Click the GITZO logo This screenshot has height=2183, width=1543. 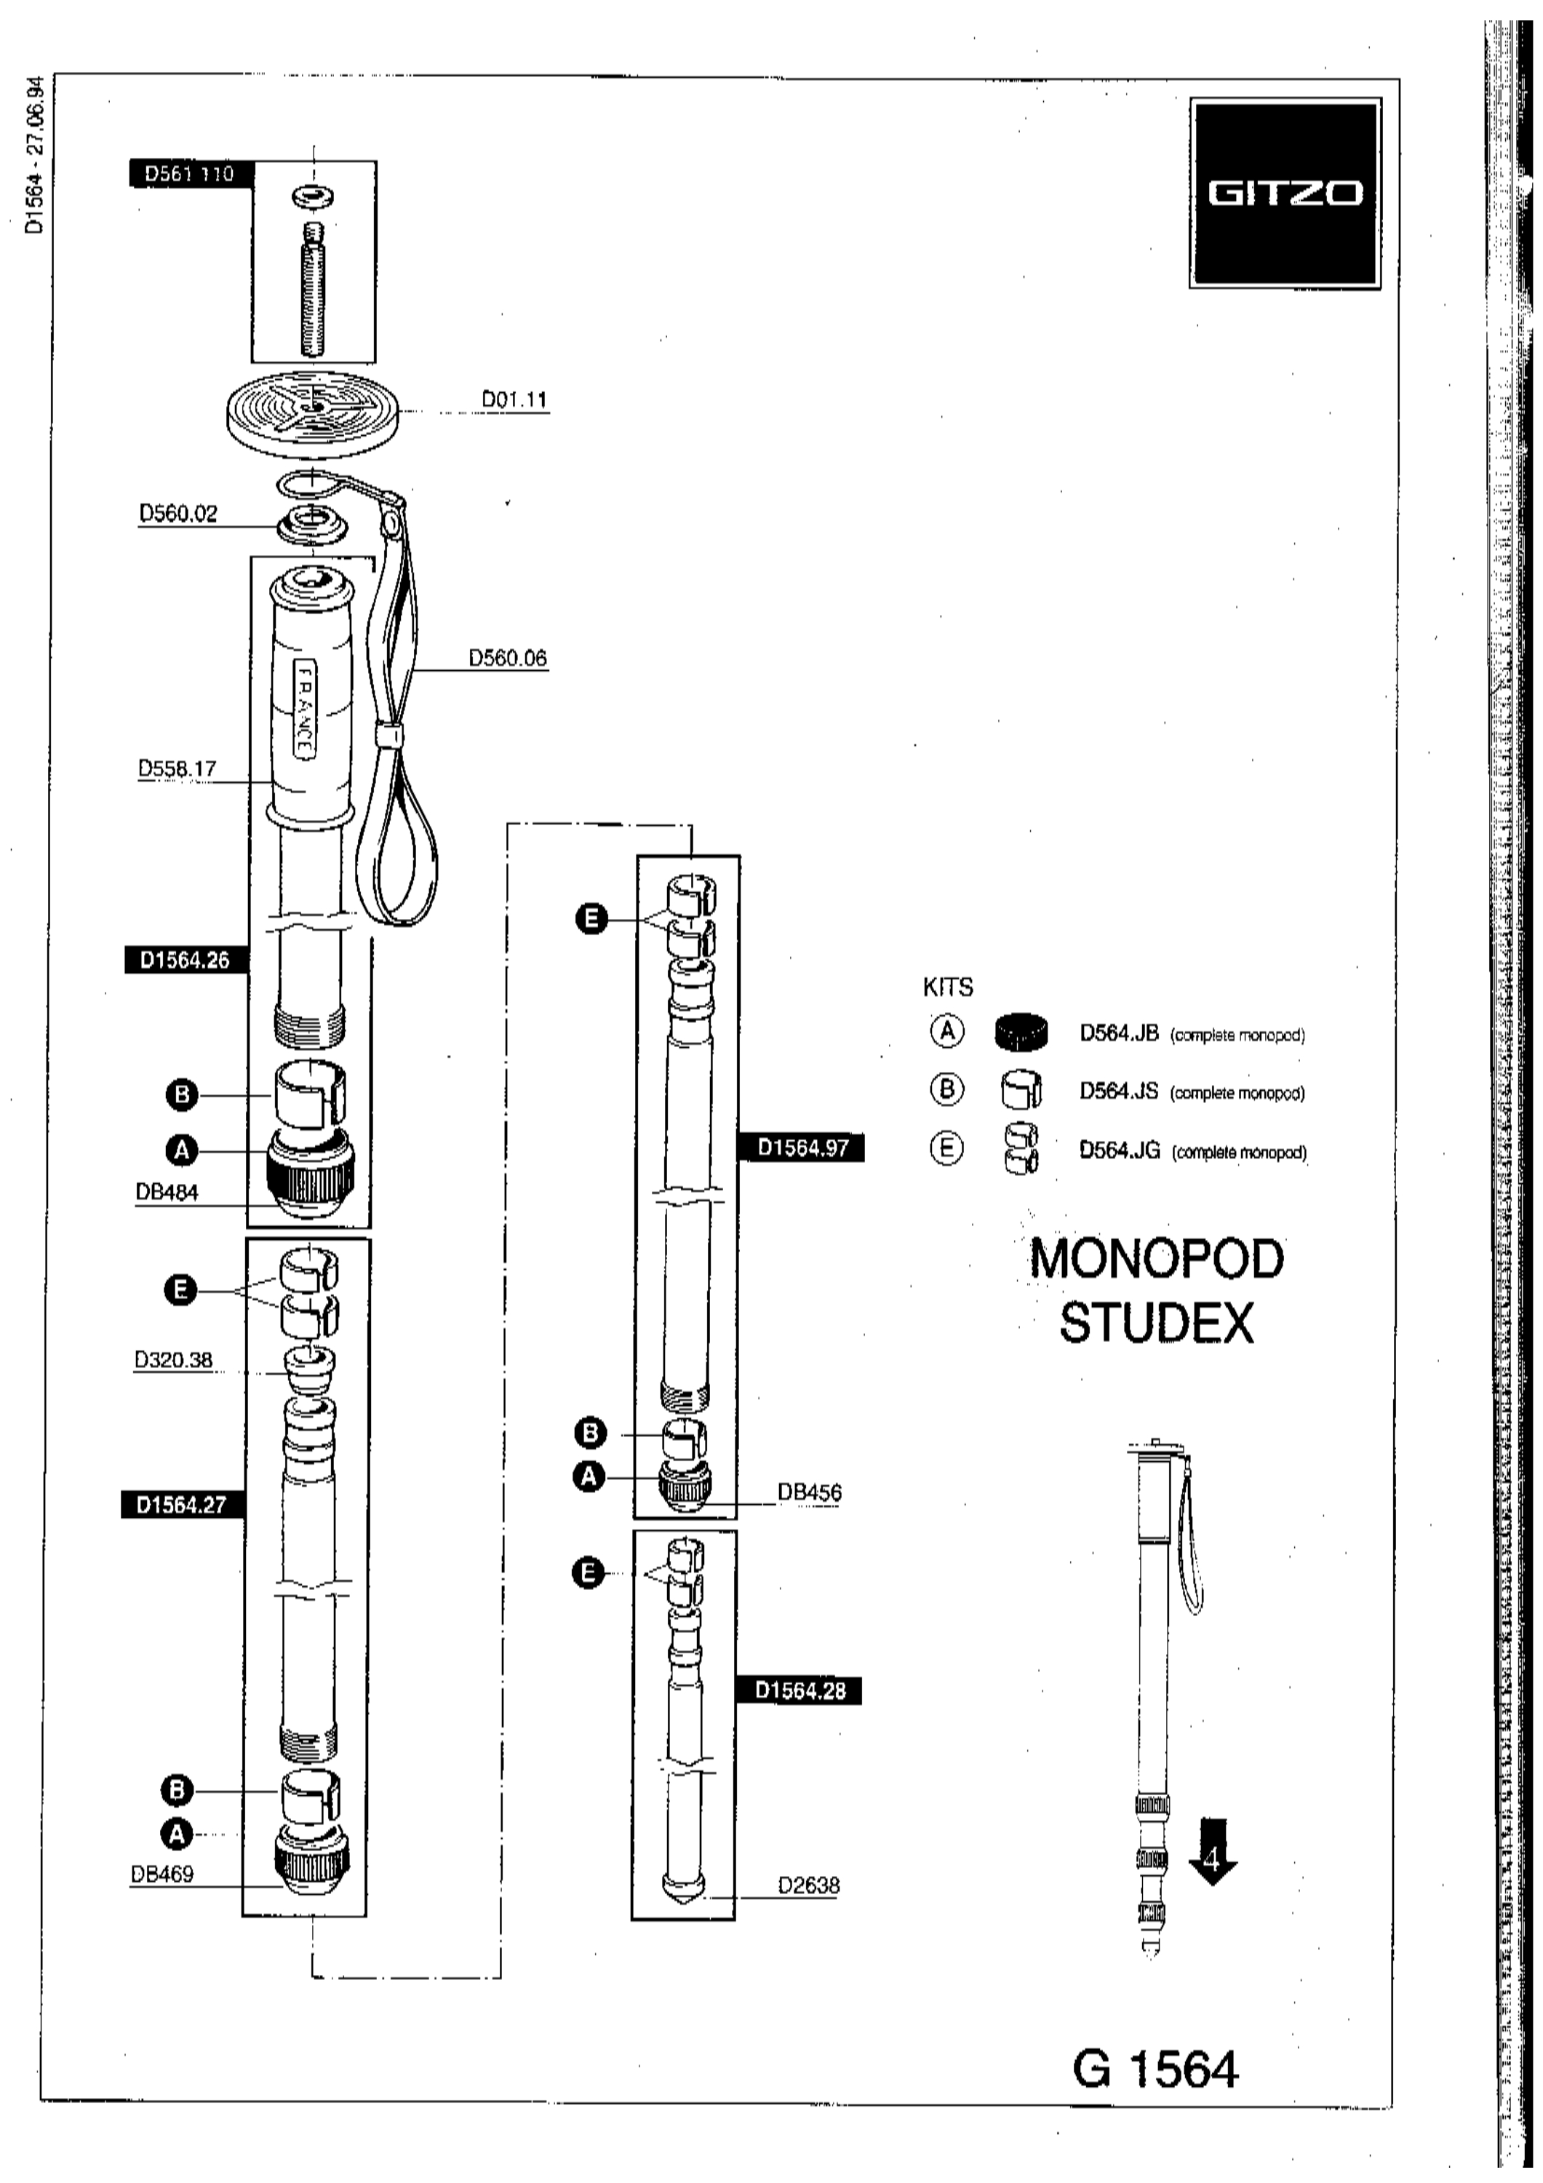(1285, 193)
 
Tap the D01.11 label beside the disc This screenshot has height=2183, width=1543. (514, 399)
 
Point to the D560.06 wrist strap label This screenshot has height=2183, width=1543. (508, 658)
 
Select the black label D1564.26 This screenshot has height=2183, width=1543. (186, 961)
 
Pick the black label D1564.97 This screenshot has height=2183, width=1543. (802, 1148)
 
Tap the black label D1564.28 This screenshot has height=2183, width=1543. (800, 1690)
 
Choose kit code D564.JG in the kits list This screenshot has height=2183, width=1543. (1120, 1150)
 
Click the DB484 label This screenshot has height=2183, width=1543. (167, 1193)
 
